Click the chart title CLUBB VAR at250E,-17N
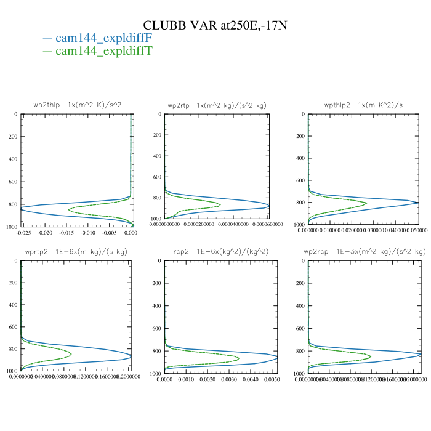215,25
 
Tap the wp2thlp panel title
78,105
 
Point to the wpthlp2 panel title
363,105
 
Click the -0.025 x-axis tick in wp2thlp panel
24,233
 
